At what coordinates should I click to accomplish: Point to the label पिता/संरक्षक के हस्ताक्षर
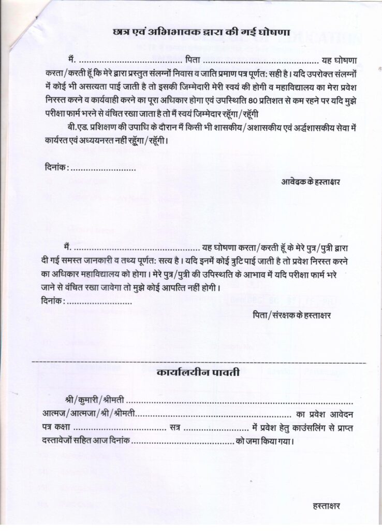point(292,315)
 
